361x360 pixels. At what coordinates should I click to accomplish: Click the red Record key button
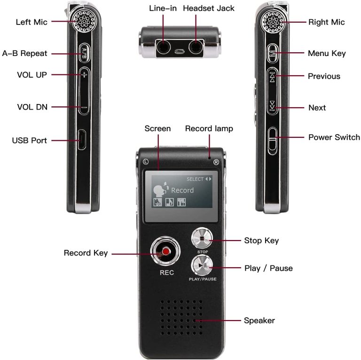click(165, 253)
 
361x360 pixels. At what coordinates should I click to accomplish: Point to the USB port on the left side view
click(82, 140)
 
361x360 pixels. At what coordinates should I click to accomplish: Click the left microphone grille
click(84, 20)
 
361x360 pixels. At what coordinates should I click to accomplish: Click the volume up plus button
click(84, 75)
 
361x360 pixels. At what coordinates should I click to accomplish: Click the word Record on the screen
click(182, 191)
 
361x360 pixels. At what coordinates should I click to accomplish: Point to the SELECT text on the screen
click(195, 179)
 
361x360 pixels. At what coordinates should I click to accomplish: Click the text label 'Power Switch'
click(334, 137)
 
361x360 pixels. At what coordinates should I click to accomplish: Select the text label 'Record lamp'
click(209, 128)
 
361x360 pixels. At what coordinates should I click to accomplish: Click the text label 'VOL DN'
click(32, 107)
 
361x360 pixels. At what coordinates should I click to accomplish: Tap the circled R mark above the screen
click(216, 162)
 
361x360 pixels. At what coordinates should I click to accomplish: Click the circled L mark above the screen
click(146, 162)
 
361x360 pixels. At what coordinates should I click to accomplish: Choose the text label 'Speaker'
click(259, 320)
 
